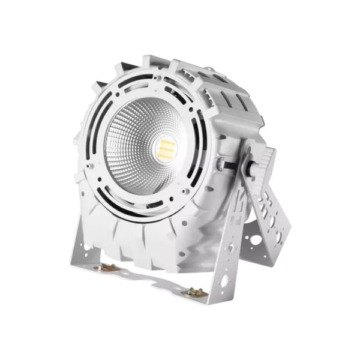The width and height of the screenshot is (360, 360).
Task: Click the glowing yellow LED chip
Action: tap(164, 146)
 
